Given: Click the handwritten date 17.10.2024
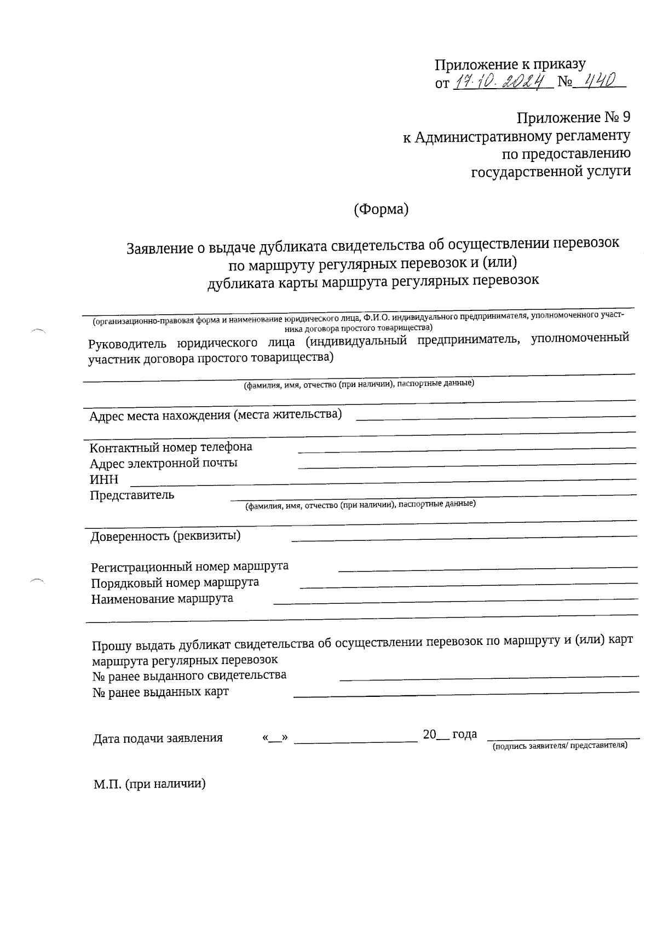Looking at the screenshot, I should [x=501, y=82].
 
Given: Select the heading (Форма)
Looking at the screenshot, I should [x=381, y=209].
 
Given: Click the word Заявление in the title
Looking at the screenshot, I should [x=158, y=249].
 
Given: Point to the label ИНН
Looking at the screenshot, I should [x=104, y=480].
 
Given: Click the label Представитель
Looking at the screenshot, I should [x=132, y=495].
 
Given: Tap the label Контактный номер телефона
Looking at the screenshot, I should [x=171, y=447].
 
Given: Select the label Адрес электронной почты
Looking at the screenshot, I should [x=164, y=463].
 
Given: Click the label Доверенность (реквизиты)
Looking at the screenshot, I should [x=165, y=535].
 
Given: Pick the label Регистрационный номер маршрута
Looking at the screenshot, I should [x=189, y=566].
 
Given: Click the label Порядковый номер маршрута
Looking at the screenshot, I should [x=175, y=582].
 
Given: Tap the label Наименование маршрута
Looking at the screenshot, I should [x=162, y=598].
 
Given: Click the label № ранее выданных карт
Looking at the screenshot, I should [x=160, y=692].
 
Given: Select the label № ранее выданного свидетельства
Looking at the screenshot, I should [x=189, y=676].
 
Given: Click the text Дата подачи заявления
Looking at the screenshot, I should [x=158, y=738].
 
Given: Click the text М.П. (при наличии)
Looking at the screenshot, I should [x=149, y=784].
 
